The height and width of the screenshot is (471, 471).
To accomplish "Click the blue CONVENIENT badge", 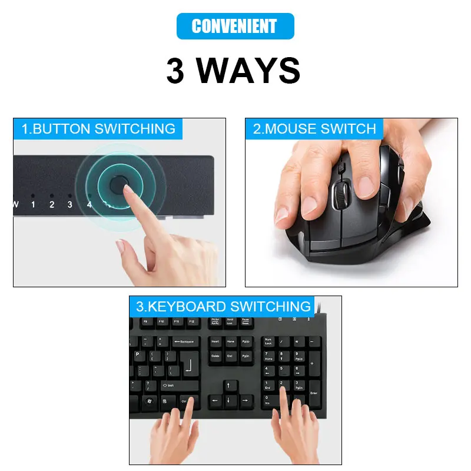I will click(235, 26).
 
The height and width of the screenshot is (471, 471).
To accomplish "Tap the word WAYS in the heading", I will click(248, 71).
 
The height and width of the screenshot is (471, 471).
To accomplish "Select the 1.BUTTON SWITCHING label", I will click(98, 129).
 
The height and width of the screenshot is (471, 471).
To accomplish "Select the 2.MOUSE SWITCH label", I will click(314, 129).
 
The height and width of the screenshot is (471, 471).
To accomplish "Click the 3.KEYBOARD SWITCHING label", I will click(223, 307).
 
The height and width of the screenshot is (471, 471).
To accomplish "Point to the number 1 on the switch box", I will click(34, 205).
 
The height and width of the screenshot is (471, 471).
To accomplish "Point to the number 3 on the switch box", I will click(70, 205).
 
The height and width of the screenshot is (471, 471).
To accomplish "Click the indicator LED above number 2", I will click(52, 195).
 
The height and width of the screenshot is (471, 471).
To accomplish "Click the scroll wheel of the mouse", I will click(340, 194).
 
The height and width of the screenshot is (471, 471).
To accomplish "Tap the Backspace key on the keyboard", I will click(186, 342).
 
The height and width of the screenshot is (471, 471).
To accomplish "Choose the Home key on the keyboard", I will click(231, 342).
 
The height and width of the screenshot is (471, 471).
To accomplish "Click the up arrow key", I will click(231, 386).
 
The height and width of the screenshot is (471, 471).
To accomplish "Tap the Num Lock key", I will click(269, 342).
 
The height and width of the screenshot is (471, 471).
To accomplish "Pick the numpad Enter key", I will click(314, 393).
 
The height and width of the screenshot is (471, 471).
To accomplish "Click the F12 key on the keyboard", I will click(191, 321).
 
